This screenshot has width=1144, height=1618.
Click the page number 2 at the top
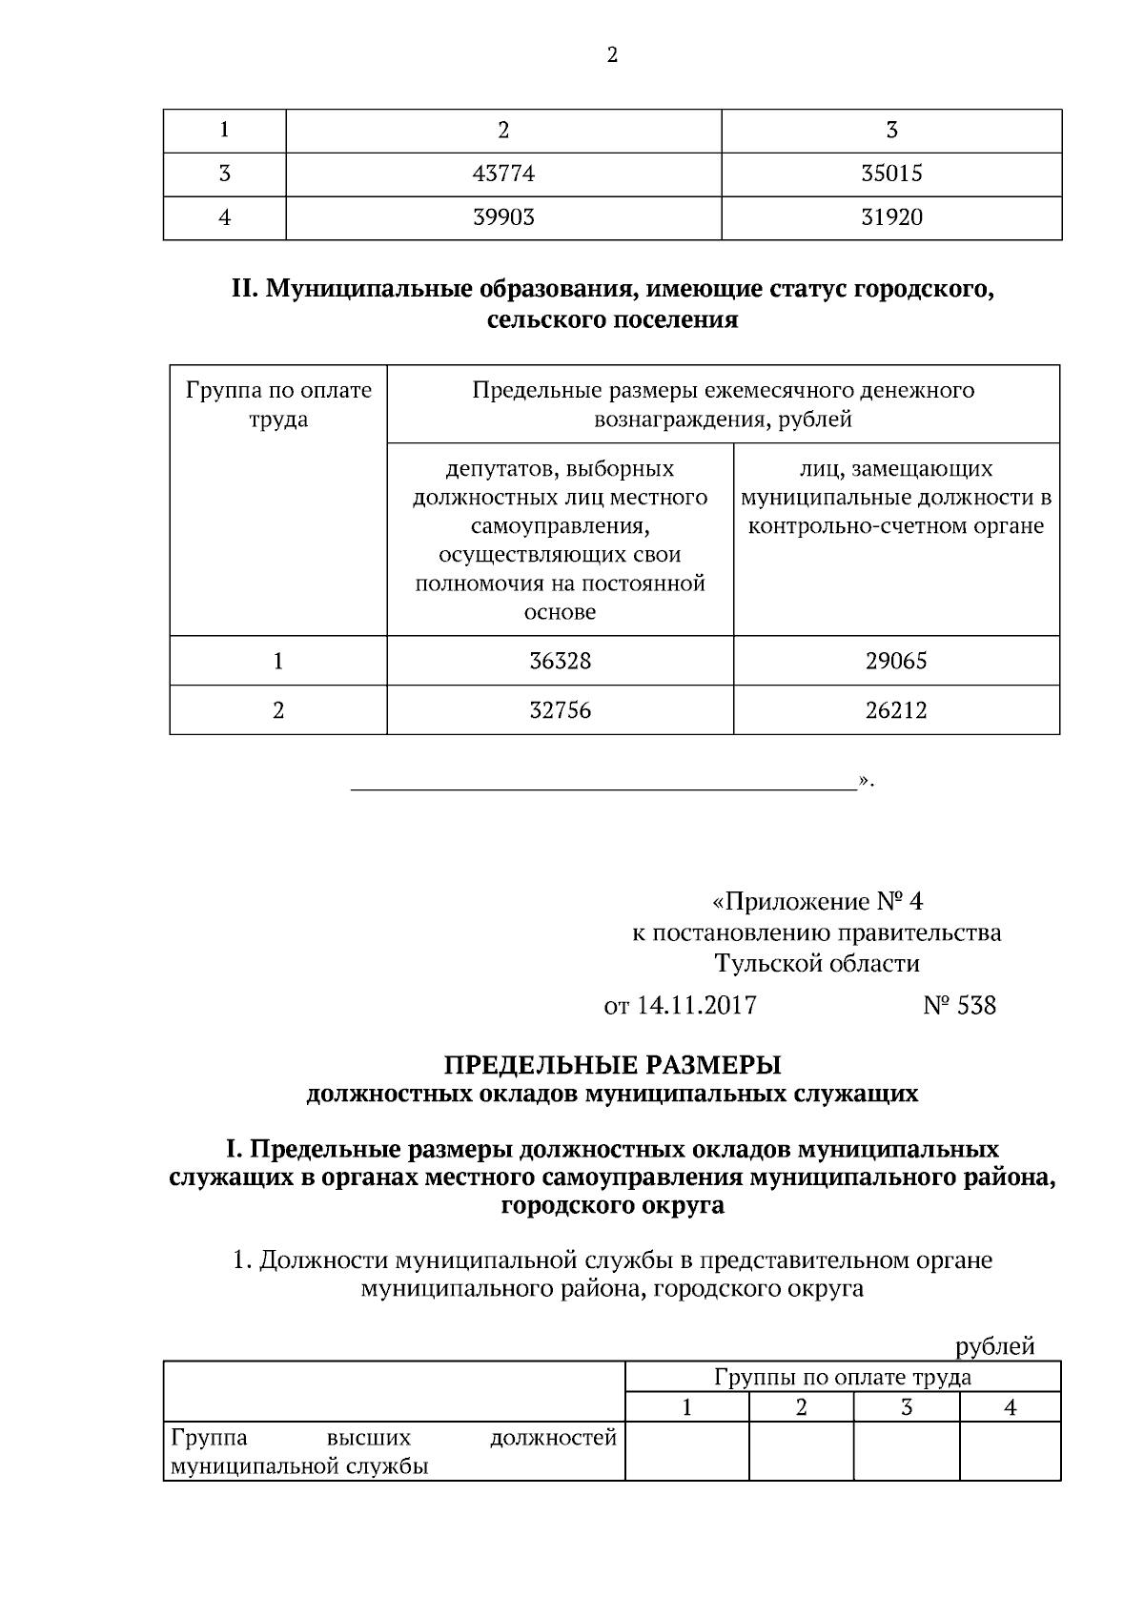tap(612, 55)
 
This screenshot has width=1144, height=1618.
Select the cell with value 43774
tap(503, 174)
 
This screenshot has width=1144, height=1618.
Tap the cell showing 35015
tap(891, 174)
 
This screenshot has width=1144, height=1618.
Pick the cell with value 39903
tap(503, 217)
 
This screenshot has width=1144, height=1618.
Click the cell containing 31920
tap(891, 217)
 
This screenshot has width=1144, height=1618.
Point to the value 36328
tap(560, 661)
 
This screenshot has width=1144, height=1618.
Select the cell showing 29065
tap(895, 661)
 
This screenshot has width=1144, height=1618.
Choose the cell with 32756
tap(560, 710)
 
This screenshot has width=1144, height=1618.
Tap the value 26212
tap(895, 710)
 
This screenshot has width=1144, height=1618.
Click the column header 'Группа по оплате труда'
tap(278, 404)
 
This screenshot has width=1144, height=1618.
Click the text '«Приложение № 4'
tap(817, 901)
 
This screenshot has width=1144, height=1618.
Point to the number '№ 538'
tap(959, 1005)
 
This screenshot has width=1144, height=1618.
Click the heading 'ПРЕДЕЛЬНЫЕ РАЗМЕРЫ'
tap(612, 1064)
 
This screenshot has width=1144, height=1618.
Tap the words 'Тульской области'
tap(817, 963)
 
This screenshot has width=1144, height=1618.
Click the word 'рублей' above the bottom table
tap(994, 1346)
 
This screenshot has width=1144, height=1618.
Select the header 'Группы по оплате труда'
tap(842, 1376)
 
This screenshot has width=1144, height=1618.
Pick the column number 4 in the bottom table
tap(1010, 1406)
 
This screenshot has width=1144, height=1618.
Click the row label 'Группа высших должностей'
tap(393, 1437)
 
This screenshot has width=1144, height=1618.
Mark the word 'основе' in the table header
tap(560, 612)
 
